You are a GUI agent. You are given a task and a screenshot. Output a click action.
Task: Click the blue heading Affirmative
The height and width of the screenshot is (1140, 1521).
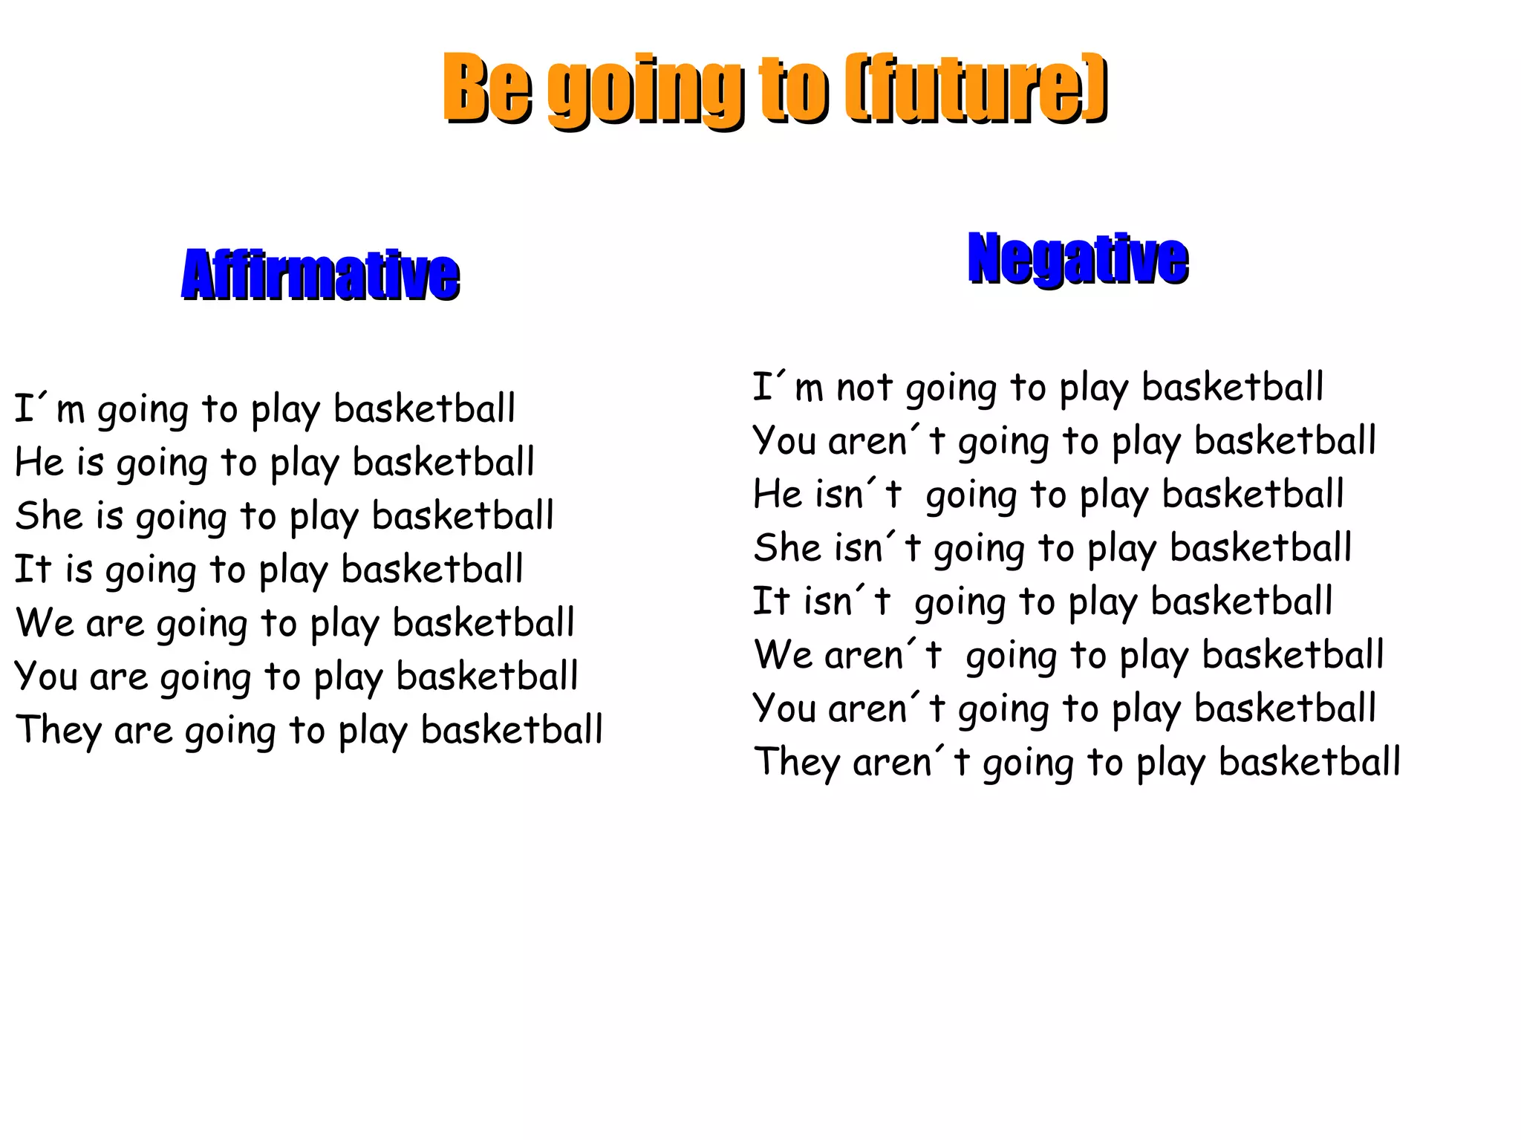tap(320, 275)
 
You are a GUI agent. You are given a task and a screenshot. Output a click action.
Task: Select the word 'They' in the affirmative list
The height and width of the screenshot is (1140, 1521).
tap(58, 730)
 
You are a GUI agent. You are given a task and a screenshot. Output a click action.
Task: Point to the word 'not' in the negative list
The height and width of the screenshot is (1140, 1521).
tap(864, 388)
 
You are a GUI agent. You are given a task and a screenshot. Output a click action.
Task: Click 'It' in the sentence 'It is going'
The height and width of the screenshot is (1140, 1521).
tap(32, 570)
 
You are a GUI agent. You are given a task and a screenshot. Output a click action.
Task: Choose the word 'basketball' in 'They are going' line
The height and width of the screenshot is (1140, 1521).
tap(512, 730)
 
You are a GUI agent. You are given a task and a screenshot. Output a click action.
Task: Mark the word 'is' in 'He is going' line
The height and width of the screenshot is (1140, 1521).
tap(90, 463)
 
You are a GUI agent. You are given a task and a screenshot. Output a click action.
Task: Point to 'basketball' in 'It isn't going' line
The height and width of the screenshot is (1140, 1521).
tap(1242, 602)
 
